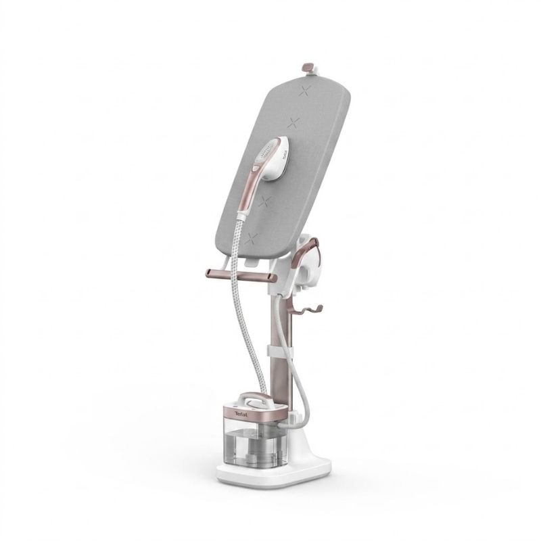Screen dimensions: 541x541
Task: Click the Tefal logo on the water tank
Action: pyautogui.click(x=241, y=415)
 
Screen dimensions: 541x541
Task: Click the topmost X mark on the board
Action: pyautogui.click(x=305, y=91)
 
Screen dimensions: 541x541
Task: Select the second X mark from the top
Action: pyautogui.click(x=293, y=122)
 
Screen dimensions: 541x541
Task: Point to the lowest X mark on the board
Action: pyautogui.click(x=251, y=239)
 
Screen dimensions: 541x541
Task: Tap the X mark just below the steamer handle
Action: pyautogui.click(x=265, y=202)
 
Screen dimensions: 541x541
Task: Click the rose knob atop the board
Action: pyautogui.click(x=308, y=66)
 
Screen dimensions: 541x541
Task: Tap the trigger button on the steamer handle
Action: pyautogui.click(x=255, y=168)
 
